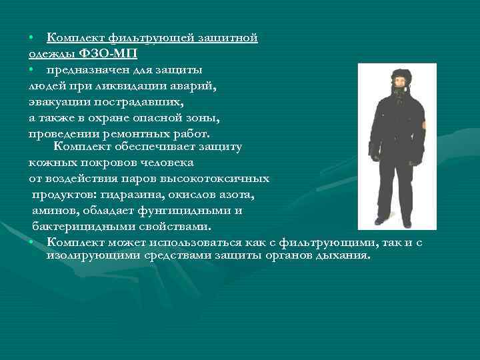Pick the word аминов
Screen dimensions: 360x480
pyautogui.click(x=53, y=211)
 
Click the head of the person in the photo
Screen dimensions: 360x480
pyautogui.click(x=398, y=81)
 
